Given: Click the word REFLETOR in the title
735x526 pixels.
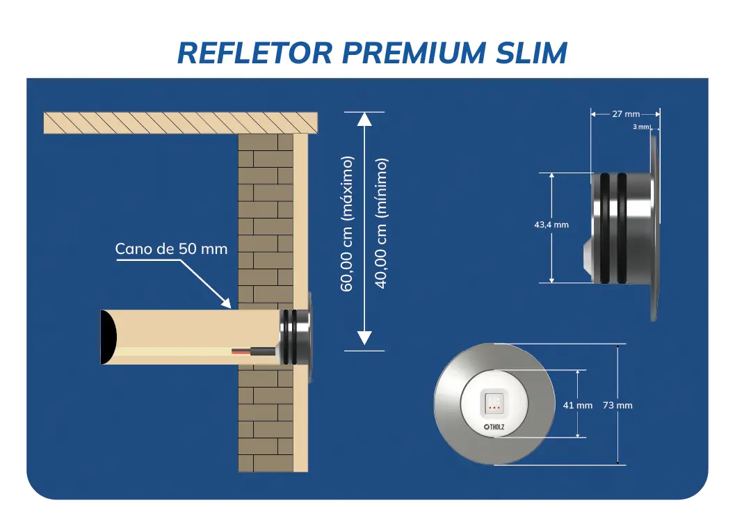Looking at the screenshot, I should click(241, 52).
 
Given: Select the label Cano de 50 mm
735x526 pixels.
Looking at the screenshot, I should click(171, 249).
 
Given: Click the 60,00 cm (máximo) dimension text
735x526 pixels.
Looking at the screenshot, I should click(347, 224).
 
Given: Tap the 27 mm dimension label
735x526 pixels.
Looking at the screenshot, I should click(626, 114).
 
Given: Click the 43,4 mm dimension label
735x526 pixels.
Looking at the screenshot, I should click(551, 225).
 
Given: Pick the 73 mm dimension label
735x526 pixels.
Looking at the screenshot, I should click(617, 405).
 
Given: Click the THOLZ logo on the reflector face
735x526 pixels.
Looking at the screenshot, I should click(494, 427).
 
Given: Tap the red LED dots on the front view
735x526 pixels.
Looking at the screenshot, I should click(494, 406).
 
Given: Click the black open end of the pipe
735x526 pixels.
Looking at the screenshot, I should click(108, 337).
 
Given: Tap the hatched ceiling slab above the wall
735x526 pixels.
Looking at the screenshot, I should click(181, 122).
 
